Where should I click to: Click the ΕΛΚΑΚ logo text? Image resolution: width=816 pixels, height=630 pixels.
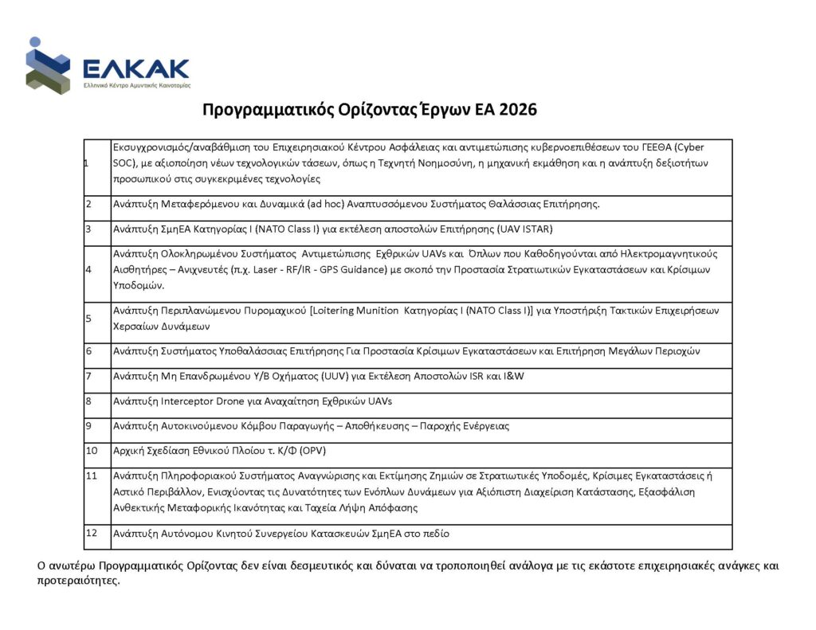click(135, 66)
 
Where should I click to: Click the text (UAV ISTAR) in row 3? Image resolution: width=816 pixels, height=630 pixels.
click(524, 229)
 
